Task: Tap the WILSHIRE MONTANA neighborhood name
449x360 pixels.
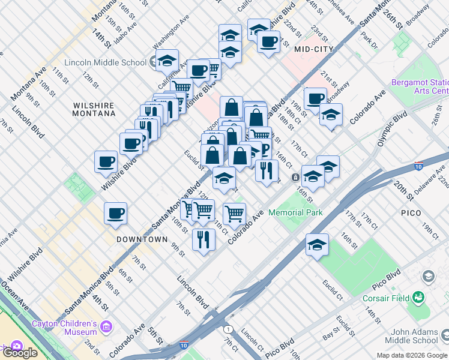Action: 94,109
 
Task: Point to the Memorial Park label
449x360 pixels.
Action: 295,212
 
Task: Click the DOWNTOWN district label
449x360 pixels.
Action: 142,239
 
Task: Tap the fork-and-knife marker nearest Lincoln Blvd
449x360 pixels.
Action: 203,240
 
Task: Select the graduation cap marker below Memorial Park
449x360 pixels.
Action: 317,245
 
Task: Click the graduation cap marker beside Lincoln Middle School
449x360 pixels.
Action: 167,60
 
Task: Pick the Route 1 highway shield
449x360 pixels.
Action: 228,329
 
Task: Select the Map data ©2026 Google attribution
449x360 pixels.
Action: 412,355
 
